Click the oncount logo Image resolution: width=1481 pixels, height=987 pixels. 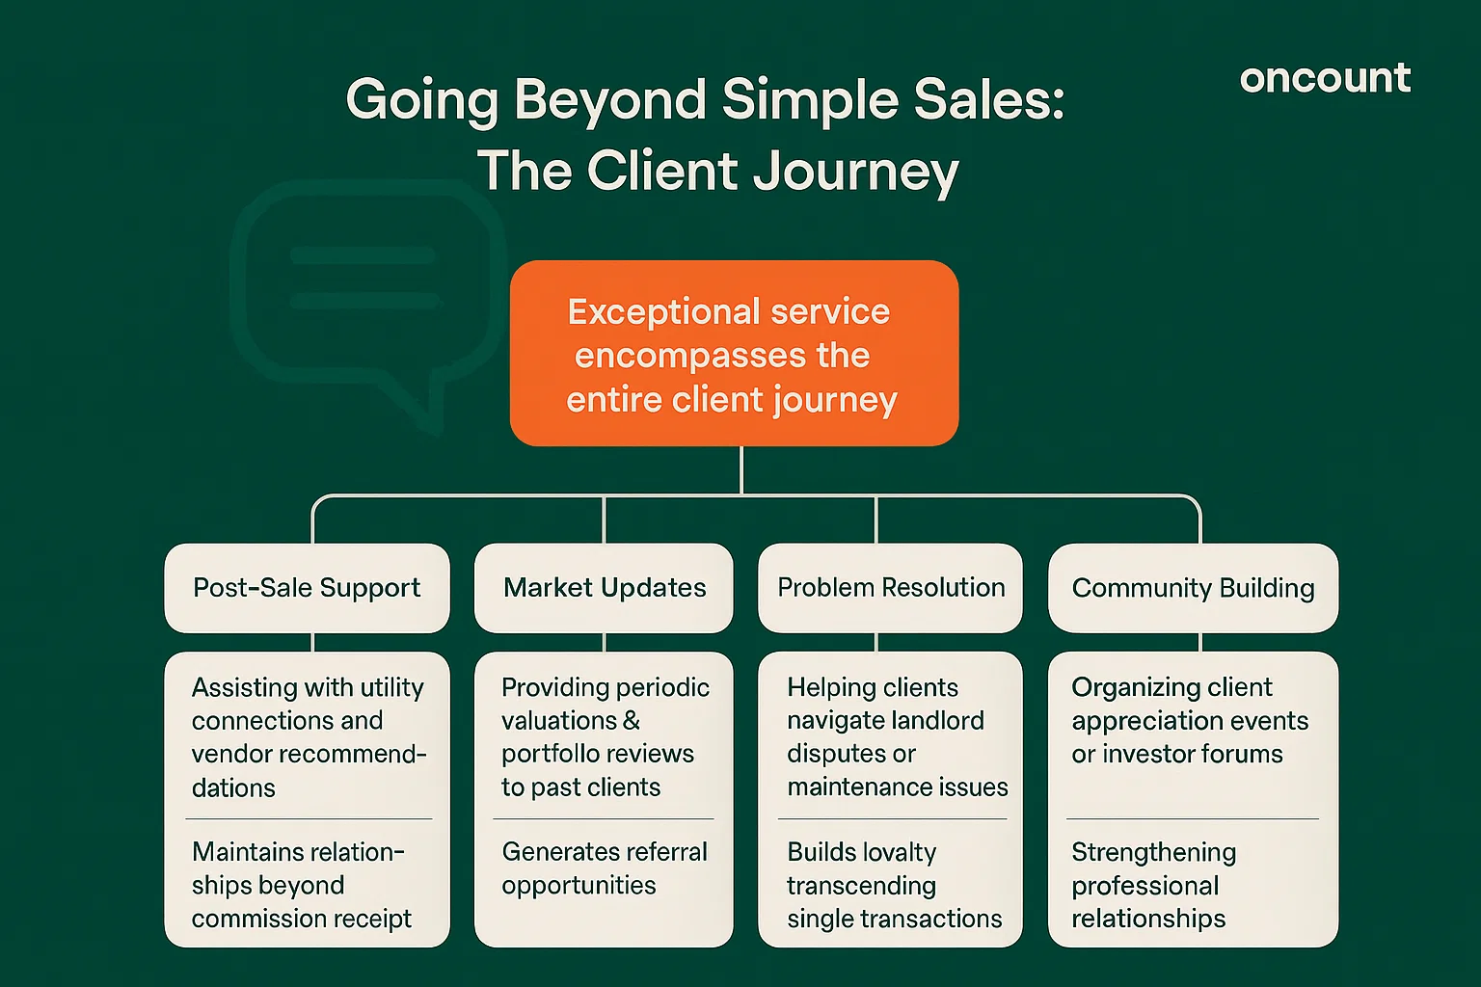tap(1325, 78)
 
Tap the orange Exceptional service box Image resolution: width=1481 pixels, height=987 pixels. tap(734, 353)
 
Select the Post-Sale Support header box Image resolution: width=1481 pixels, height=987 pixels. tap(307, 588)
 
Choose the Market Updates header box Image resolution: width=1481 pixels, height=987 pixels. tap(604, 588)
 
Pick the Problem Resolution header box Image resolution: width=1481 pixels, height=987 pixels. tap(890, 588)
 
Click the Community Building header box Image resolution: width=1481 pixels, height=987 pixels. tap(1193, 588)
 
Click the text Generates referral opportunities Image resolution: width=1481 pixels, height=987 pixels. tap(604, 868)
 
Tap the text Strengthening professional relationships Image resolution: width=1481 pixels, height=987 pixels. tap(1152, 885)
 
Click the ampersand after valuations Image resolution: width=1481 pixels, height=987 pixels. tap(631, 721)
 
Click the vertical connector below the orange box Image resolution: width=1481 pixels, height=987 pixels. tap(740, 470)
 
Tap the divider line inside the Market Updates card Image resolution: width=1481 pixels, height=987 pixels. tap(604, 819)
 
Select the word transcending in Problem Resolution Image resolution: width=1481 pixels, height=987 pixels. tap(861, 886)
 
